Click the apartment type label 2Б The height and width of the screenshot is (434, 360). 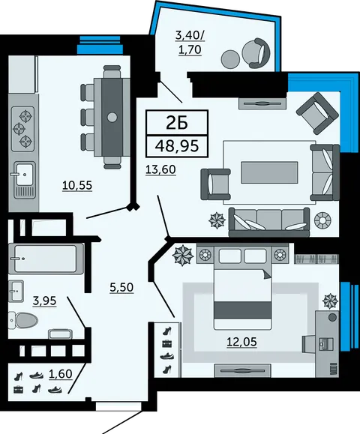coord(177,123)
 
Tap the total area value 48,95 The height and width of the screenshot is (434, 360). coord(177,146)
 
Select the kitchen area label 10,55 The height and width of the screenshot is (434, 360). coord(77,185)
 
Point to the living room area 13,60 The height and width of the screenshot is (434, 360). coord(160,169)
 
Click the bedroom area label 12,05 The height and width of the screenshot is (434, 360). coord(241,342)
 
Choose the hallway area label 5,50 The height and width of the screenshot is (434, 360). coord(121,288)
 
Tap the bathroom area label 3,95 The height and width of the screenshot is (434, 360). coord(44,301)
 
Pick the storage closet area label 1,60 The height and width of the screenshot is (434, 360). coord(61,374)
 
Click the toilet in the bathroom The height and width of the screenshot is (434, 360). coord(22,321)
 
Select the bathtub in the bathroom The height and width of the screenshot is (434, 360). coord(46,259)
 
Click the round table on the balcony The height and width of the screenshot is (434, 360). coord(231,59)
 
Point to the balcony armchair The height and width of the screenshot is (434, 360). coord(256,53)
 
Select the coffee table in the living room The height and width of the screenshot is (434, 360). coord(269,172)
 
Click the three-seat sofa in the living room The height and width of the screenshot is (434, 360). coord(269,222)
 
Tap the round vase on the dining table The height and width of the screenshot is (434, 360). coord(112,118)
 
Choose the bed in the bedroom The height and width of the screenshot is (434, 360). coord(242,288)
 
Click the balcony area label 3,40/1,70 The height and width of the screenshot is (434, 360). coord(190,43)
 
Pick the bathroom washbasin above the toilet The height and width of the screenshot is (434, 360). coord(16,291)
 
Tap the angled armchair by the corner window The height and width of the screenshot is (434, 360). coord(317,113)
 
